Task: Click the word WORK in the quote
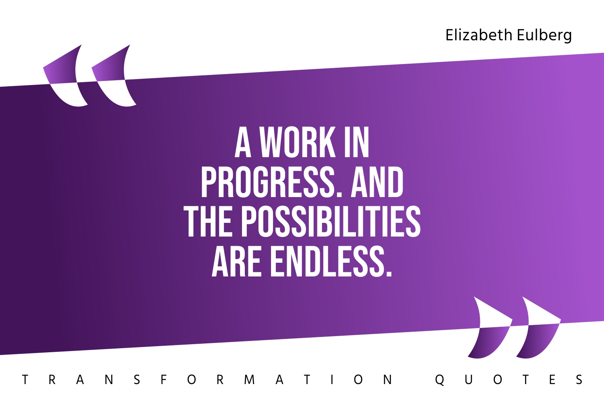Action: (297, 143)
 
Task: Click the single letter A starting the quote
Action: (243, 143)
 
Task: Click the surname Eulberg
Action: (544, 35)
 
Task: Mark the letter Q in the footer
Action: (440, 380)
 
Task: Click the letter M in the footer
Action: (249, 380)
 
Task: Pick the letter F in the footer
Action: (163, 380)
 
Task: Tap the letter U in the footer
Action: (468, 380)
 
